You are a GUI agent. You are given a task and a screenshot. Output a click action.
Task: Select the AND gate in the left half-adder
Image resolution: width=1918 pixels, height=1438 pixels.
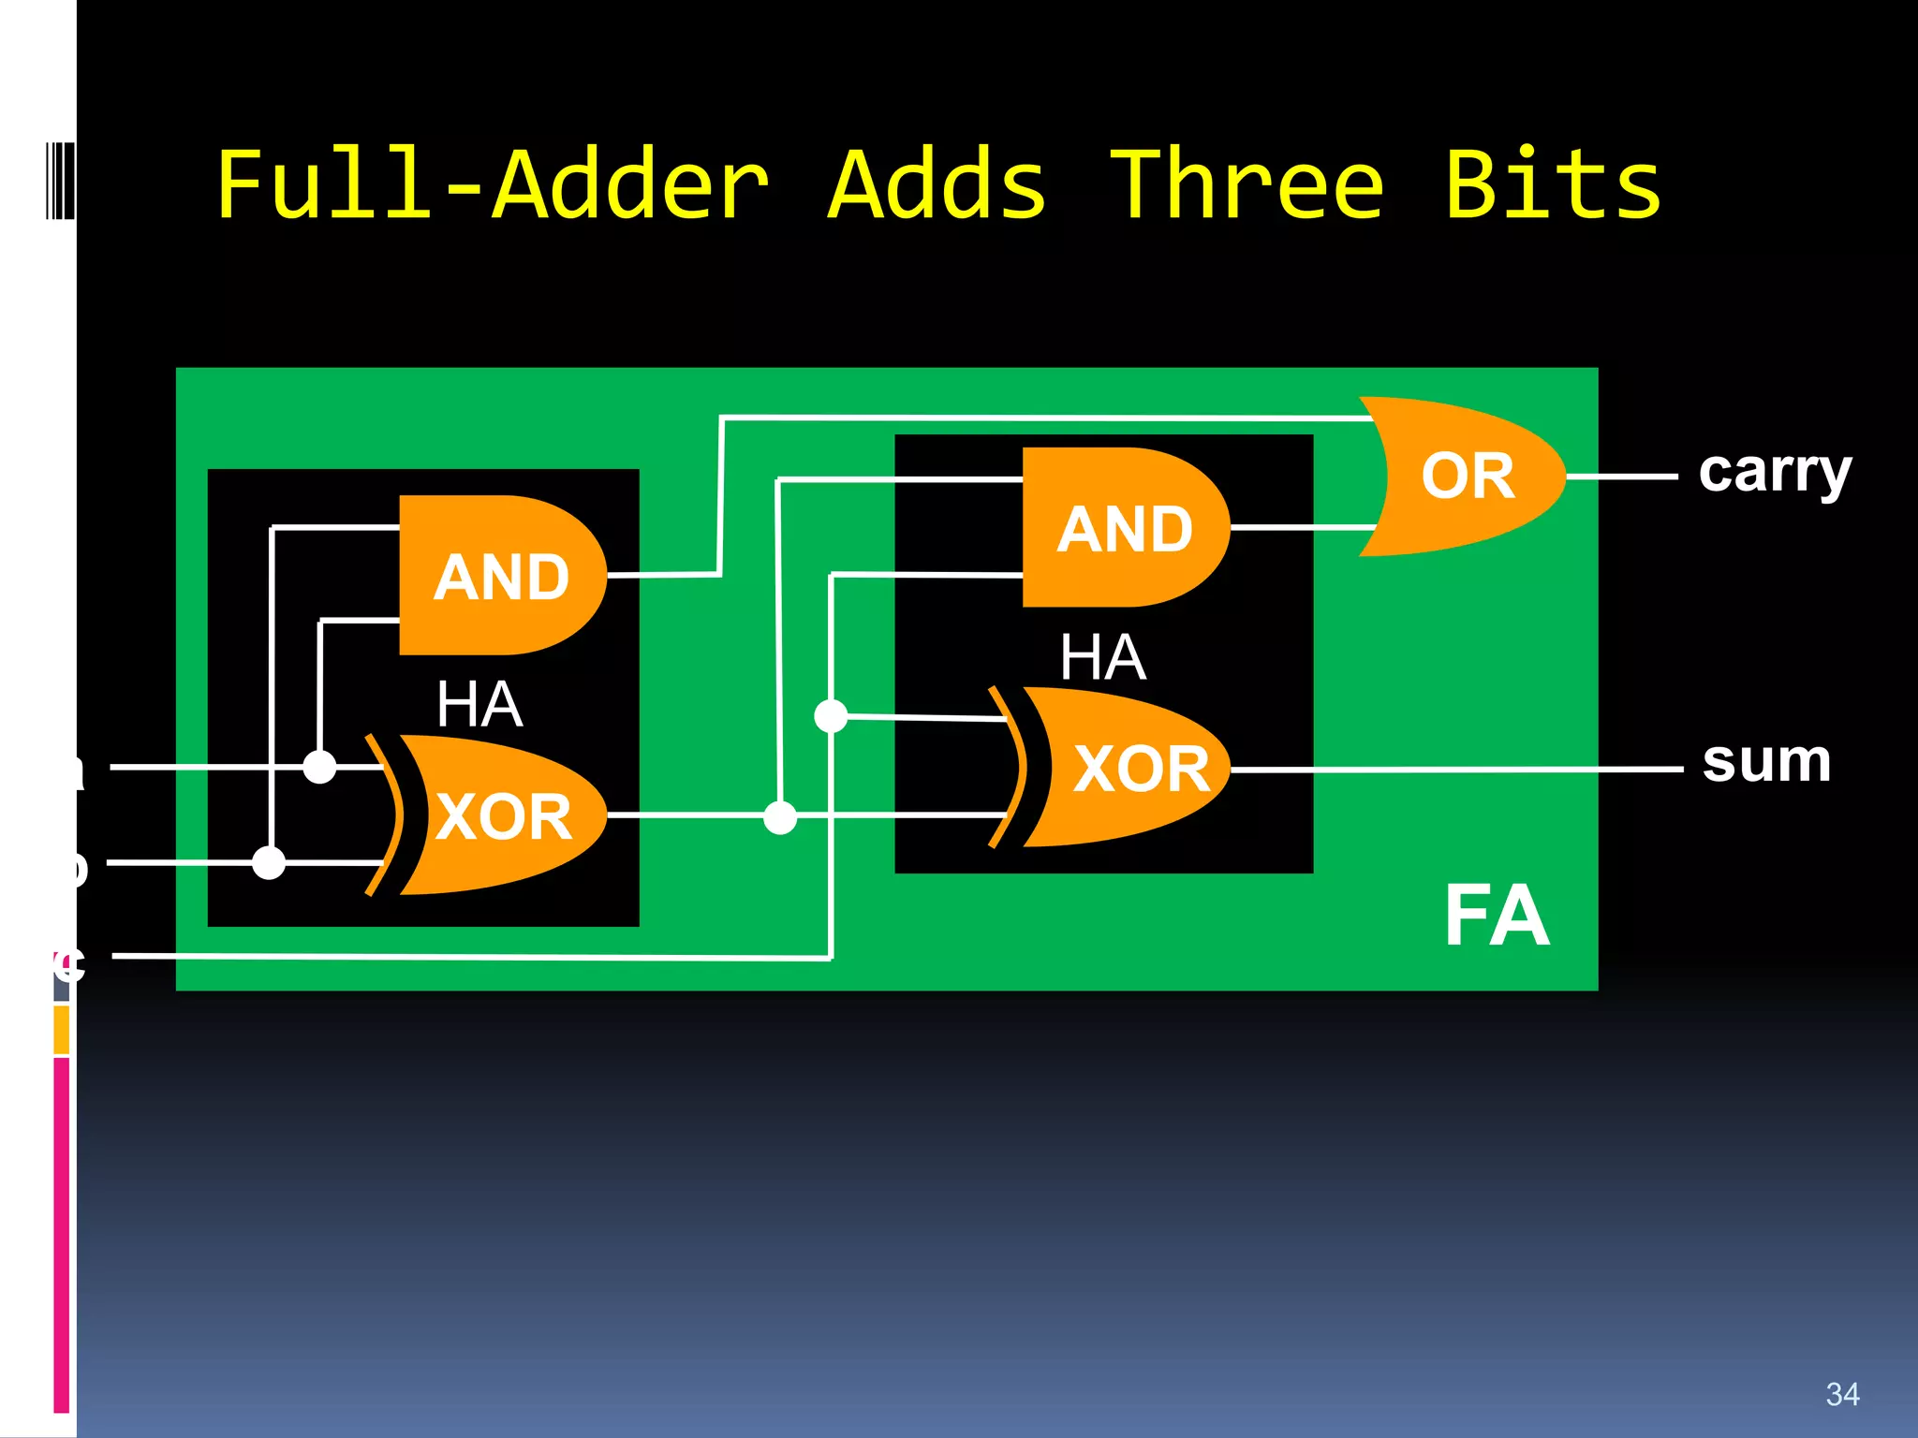coord(501,575)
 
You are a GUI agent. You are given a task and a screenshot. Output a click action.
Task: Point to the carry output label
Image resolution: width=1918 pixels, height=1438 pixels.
coord(1775,473)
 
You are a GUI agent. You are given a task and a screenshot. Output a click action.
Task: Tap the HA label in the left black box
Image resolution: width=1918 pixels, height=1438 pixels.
coord(479,704)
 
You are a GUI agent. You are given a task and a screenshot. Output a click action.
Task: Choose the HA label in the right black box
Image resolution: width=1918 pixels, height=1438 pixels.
coord(1102,656)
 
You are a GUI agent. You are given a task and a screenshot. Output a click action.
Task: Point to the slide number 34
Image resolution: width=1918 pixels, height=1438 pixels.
coord(1842,1394)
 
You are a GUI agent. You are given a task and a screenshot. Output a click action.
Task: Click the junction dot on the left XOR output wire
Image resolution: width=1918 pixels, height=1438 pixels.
coord(780,817)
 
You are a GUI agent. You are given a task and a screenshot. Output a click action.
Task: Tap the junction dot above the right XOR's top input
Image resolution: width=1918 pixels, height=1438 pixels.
coord(831,716)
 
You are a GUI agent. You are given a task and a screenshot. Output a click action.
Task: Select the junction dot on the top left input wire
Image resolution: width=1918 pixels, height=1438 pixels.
coord(319,767)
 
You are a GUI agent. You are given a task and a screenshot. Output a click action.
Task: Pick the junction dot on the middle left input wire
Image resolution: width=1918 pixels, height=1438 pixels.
coord(269,862)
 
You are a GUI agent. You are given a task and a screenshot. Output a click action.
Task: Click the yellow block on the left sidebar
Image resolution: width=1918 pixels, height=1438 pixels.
coord(61,1029)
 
